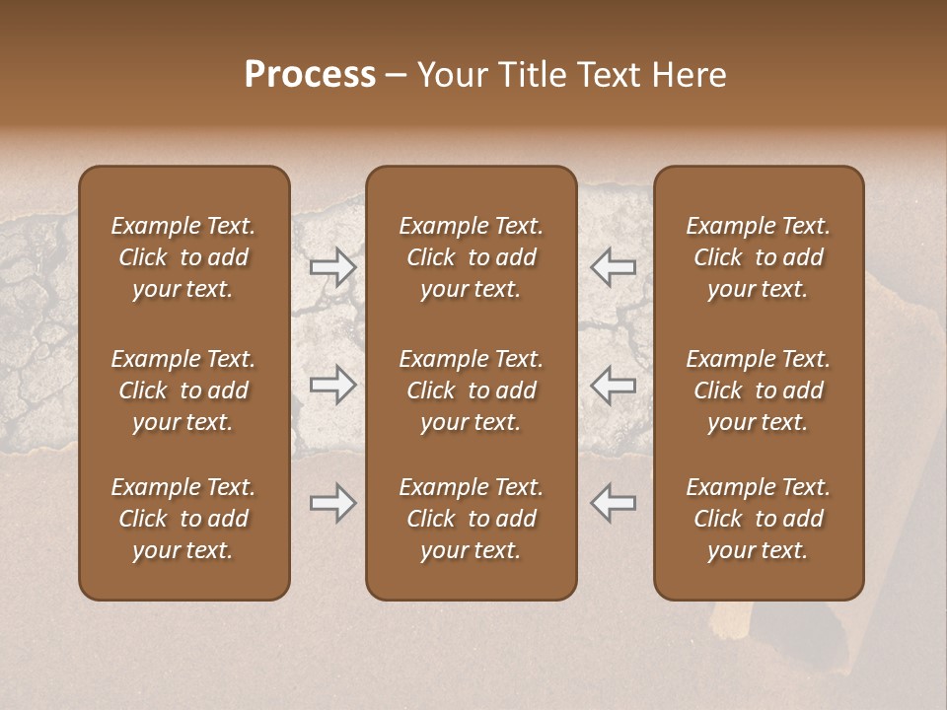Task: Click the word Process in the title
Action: pyautogui.click(x=310, y=75)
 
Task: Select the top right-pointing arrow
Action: pyautogui.click(x=333, y=267)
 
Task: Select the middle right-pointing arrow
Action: pyautogui.click(x=333, y=385)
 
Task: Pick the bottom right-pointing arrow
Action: pyautogui.click(x=333, y=503)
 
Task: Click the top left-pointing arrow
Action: pyautogui.click(x=614, y=267)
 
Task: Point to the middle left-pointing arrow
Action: pyautogui.click(x=614, y=385)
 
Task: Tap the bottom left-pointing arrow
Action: pyautogui.click(x=614, y=503)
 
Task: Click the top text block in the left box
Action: pyautogui.click(x=183, y=257)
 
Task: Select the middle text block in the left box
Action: pyautogui.click(x=183, y=390)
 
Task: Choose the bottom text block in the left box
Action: pyautogui.click(x=183, y=519)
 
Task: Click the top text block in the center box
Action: pyautogui.click(x=471, y=257)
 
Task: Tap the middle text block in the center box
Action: pyautogui.click(x=471, y=390)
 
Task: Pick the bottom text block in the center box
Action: pyautogui.click(x=471, y=519)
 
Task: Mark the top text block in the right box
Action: pyautogui.click(x=758, y=257)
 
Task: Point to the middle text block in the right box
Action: pyautogui.click(x=758, y=390)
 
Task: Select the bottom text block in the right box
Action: pyautogui.click(x=758, y=519)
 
